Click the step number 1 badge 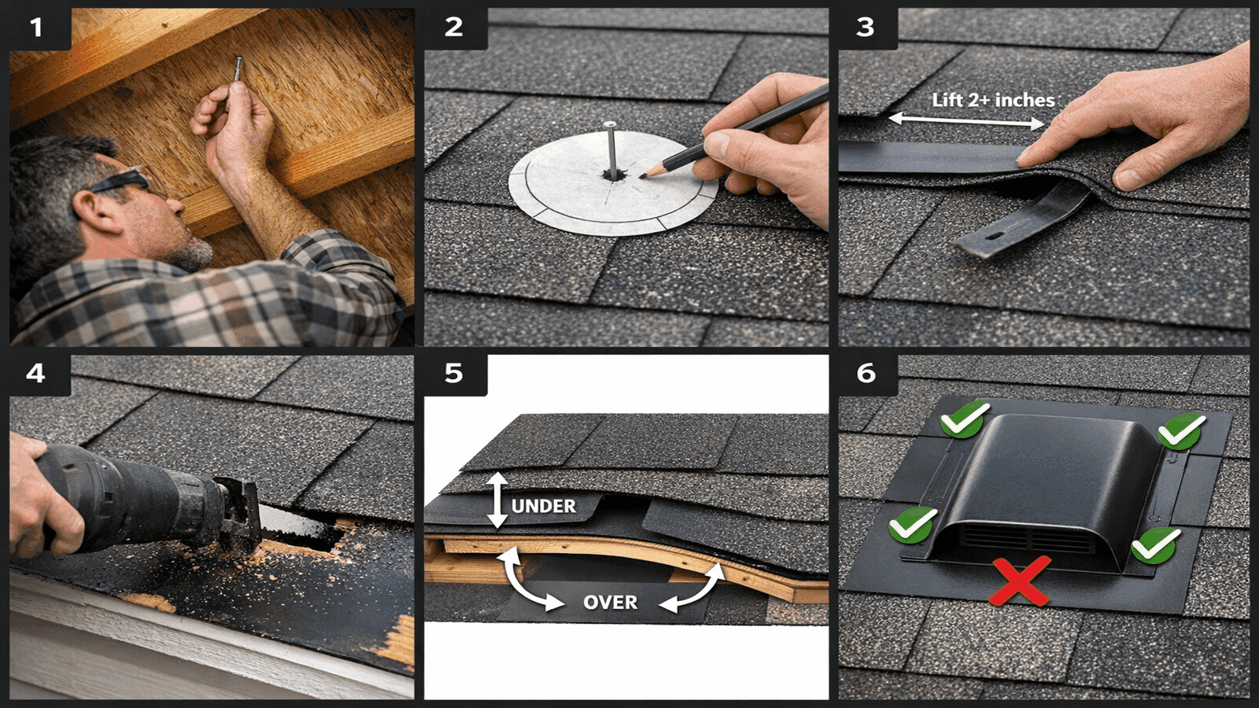36,28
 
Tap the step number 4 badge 36,373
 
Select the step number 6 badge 866,373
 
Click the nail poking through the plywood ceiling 237,68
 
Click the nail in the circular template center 611,149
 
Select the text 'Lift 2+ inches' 992,100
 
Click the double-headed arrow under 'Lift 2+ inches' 966,120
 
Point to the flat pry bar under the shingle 1023,219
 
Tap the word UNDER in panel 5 544,506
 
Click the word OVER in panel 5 610,603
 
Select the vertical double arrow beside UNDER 497,500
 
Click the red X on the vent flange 1020,581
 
